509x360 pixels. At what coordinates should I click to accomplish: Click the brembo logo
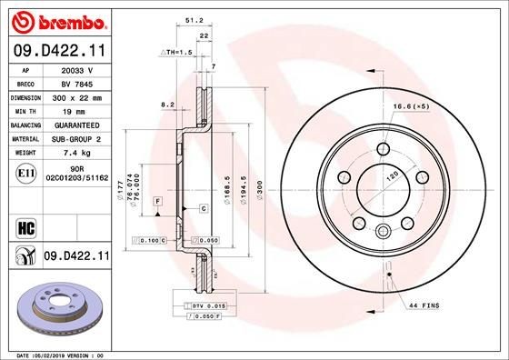point(57,20)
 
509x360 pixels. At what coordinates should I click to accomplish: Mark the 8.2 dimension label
point(167,105)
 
